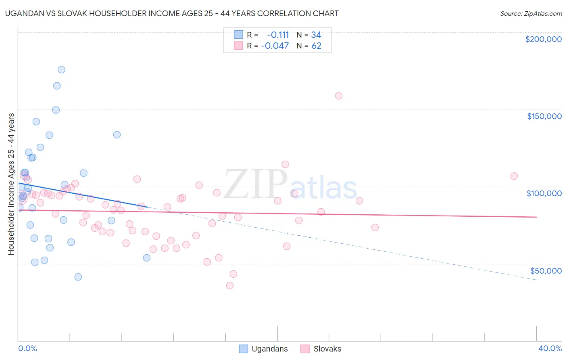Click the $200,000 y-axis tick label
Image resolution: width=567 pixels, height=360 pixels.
(543, 39)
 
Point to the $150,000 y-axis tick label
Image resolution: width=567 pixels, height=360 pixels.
(544, 116)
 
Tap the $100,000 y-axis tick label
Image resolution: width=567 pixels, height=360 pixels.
(544, 193)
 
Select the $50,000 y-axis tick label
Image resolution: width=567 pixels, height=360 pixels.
(546, 270)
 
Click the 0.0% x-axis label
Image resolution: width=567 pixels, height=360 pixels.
(27, 348)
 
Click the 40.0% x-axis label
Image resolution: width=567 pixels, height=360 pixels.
(550, 348)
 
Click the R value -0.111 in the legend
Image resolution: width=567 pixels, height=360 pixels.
(278, 35)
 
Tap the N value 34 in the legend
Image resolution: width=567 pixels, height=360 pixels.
(316, 35)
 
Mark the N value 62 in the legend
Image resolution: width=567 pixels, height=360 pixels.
(316, 46)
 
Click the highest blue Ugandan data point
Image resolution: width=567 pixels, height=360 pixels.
(61, 69)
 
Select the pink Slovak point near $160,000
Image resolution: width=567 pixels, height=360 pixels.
(339, 96)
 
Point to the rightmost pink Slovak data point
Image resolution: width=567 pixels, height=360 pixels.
(514, 176)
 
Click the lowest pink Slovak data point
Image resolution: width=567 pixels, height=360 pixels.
(230, 285)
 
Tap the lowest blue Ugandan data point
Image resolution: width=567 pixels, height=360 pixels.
(78, 277)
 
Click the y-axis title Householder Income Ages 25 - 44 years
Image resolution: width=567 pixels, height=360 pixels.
(11, 184)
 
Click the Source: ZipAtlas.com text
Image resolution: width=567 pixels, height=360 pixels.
(531, 14)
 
